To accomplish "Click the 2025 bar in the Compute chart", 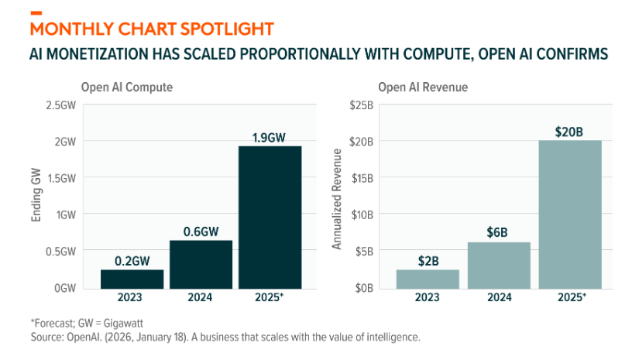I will [x=270, y=217].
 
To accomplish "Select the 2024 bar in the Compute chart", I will [x=201, y=264].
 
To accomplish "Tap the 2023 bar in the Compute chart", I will [x=132, y=279].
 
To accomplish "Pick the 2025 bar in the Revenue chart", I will [x=569, y=214].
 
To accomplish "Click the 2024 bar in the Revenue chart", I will [x=499, y=265].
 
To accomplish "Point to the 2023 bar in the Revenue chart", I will [x=428, y=279].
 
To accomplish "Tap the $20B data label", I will [x=569, y=132].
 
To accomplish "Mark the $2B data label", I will [x=428, y=261].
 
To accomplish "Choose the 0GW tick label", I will [x=64, y=288].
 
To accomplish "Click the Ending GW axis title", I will [x=36, y=197].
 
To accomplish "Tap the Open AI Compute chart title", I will [x=127, y=87].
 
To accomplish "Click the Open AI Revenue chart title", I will [x=423, y=87].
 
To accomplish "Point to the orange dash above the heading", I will [x=36, y=12].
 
